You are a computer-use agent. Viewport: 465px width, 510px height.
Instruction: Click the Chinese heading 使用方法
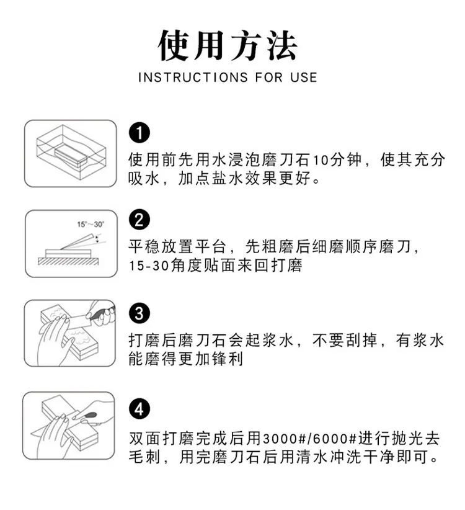pyautogui.click(x=228, y=45)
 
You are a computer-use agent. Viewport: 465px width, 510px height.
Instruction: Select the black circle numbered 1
pyautogui.click(x=139, y=133)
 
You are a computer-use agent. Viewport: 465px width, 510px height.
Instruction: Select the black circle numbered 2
pyautogui.click(x=139, y=220)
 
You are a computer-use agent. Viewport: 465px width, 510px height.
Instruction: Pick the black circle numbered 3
pyautogui.click(x=139, y=313)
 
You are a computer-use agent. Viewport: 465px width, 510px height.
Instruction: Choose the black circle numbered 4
pyautogui.click(x=139, y=409)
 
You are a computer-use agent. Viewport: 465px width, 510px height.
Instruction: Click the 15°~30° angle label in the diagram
pyautogui.click(x=91, y=224)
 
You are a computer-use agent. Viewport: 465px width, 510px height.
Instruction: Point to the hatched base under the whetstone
pyautogui.click(x=68, y=261)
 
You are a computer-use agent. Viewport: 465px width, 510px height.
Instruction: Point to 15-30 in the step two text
pyautogui.click(x=149, y=266)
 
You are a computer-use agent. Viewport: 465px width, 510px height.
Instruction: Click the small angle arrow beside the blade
pyautogui.click(x=97, y=239)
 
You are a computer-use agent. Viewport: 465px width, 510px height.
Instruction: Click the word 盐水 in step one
pyautogui.click(x=220, y=179)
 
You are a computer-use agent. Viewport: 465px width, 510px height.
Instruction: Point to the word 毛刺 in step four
pyautogui.click(x=144, y=457)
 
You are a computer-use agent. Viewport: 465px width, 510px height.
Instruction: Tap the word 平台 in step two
pyautogui.click(x=211, y=247)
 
